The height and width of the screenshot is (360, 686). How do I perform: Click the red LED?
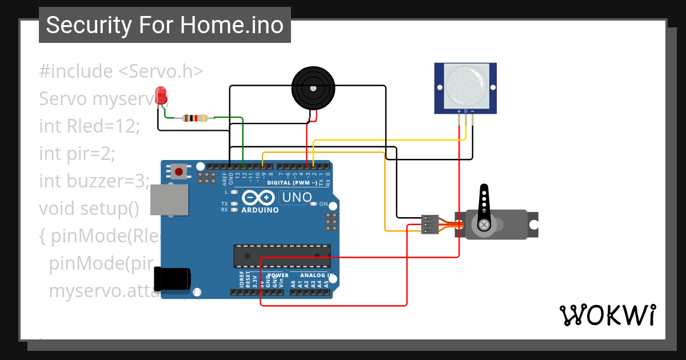(161, 94)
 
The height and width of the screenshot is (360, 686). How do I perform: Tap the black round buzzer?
(312, 88)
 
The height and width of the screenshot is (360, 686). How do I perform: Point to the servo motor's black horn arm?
(484, 206)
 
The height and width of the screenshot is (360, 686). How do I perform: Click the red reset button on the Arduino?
(180, 171)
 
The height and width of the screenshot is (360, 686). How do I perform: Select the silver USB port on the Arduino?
(169, 200)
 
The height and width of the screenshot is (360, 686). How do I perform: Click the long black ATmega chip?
(281, 255)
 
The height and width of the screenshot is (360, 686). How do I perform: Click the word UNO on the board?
(296, 198)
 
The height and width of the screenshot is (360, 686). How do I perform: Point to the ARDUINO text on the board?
(260, 210)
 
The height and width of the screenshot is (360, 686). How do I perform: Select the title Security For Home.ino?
(165, 25)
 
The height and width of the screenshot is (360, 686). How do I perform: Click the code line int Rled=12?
(89, 126)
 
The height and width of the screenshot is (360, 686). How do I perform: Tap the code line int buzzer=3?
(94, 181)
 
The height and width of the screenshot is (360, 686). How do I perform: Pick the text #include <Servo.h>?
(121, 71)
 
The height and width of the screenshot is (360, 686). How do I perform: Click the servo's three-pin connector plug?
(430, 224)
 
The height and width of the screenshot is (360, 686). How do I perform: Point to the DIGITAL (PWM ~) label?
(292, 183)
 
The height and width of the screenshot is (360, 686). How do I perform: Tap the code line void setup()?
(89, 209)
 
